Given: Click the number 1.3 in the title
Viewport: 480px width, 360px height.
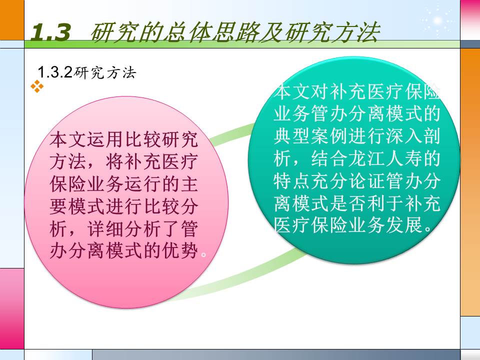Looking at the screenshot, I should tap(50, 33).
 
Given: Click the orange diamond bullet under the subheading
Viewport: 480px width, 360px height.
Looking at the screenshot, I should tap(37, 86).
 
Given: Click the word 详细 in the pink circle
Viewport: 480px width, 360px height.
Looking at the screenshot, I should tap(107, 229).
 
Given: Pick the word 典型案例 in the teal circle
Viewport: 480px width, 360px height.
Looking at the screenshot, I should tap(308, 136).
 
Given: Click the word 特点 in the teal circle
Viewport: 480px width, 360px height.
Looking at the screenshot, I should tap(291, 180).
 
